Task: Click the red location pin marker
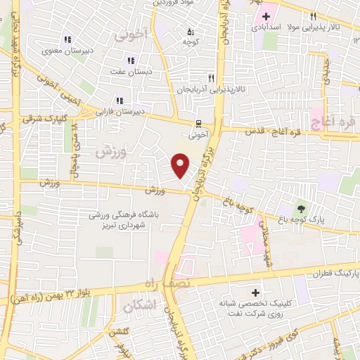click(x=181, y=166)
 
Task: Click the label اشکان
click(x=137, y=307)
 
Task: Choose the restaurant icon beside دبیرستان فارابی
click(x=120, y=101)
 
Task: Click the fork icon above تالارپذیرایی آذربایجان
click(x=210, y=78)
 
